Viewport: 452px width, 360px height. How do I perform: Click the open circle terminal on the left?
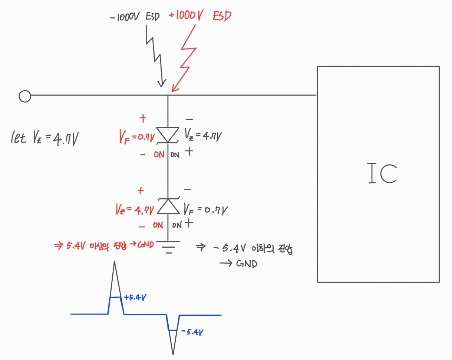point(24,96)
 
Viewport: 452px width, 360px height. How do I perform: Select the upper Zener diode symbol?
point(168,135)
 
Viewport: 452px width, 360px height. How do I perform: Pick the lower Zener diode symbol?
point(168,206)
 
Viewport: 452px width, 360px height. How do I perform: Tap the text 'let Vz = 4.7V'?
point(44,139)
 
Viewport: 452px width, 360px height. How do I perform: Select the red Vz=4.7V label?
point(134,210)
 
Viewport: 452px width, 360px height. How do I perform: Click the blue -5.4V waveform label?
point(192,332)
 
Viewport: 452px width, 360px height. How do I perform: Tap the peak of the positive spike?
point(115,262)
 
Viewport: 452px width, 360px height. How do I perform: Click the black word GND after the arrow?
point(246,264)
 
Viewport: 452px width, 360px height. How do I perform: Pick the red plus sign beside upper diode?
point(143,119)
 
